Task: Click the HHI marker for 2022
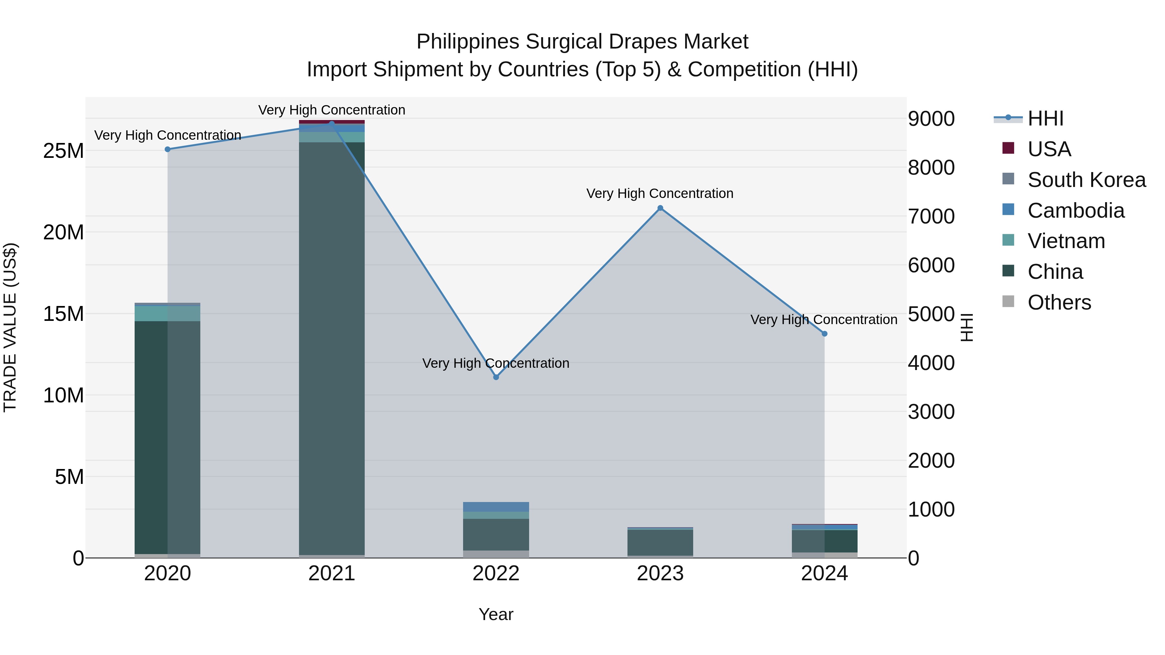pyautogui.click(x=496, y=377)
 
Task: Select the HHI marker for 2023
pyautogui.click(x=660, y=208)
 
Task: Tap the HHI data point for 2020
pyautogui.click(x=167, y=149)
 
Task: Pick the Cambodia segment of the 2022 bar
pyautogui.click(x=496, y=507)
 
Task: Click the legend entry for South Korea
pyautogui.click(x=1086, y=180)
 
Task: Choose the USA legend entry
pyautogui.click(x=1049, y=149)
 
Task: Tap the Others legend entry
pyautogui.click(x=1059, y=302)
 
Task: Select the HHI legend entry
pyautogui.click(x=1045, y=118)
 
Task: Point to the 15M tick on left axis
pyautogui.click(x=63, y=314)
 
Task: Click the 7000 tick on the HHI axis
pyautogui.click(x=931, y=216)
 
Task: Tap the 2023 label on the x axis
pyautogui.click(x=660, y=573)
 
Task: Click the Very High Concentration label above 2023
pyautogui.click(x=660, y=193)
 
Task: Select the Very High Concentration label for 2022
pyautogui.click(x=496, y=364)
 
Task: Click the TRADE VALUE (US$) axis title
pyautogui.click(x=10, y=327)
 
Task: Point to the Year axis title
pyautogui.click(x=496, y=614)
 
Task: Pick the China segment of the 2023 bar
pyautogui.click(x=660, y=542)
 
